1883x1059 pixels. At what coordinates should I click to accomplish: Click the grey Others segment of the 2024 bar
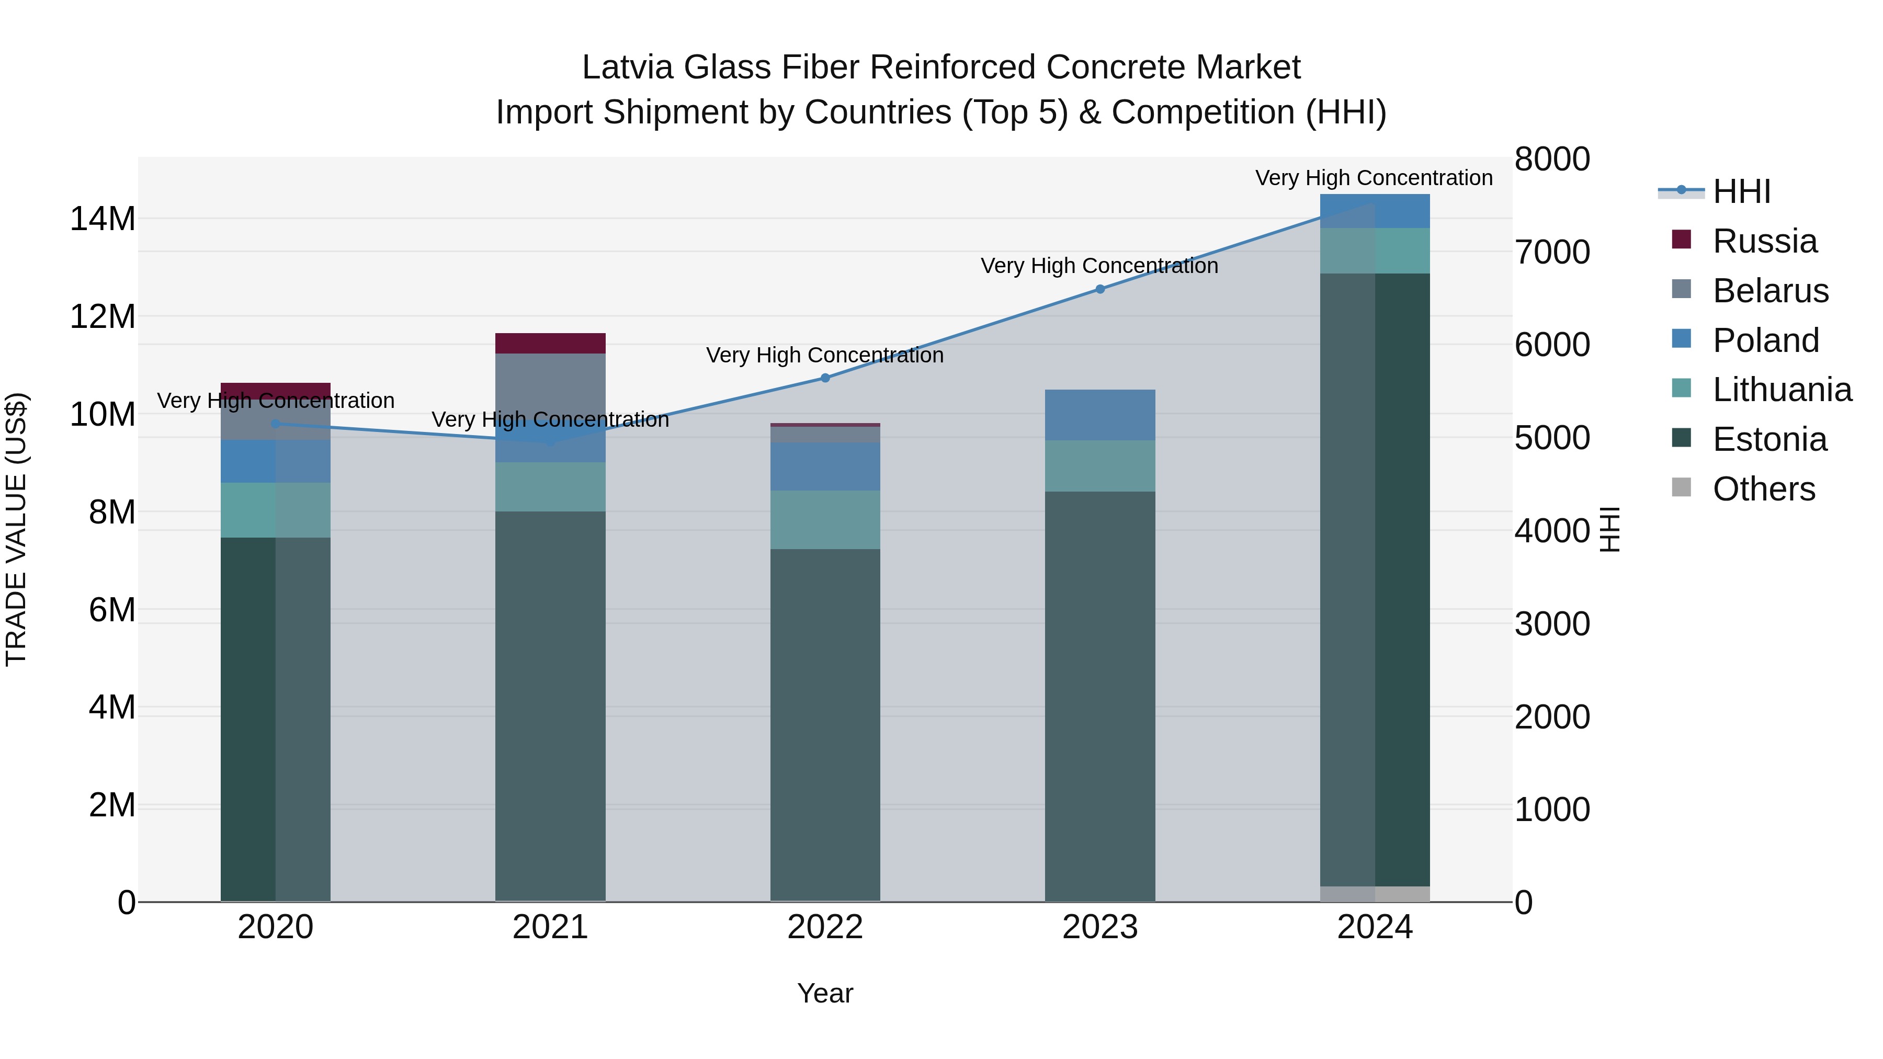(1374, 893)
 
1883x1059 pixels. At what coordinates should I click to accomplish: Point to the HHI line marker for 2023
(1099, 289)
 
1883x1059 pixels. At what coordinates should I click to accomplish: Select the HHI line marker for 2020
(276, 423)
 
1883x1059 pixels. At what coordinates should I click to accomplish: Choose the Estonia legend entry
(1769, 439)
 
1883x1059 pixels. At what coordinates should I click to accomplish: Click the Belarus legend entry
(1769, 290)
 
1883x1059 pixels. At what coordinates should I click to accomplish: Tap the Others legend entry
(1763, 489)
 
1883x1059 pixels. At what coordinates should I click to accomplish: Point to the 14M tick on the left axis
(103, 219)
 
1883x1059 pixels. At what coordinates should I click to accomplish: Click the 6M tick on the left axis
(112, 610)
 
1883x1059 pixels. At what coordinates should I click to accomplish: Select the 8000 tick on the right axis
(1551, 160)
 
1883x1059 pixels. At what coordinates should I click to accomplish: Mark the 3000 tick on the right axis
(1551, 624)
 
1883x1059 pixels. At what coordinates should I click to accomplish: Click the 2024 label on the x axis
(1374, 927)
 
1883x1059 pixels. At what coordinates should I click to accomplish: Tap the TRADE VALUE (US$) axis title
(16, 529)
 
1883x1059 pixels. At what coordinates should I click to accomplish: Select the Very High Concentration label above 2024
(1374, 178)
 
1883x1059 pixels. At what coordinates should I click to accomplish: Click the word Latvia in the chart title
(627, 67)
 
